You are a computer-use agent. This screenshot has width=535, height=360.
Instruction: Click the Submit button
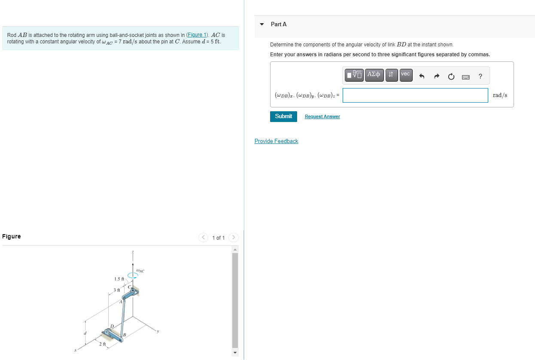[x=283, y=116]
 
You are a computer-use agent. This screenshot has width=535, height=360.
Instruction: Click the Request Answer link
[x=322, y=117]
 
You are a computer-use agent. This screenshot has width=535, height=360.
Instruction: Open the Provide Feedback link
[x=276, y=141]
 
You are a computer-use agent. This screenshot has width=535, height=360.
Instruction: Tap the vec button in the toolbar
[x=406, y=75]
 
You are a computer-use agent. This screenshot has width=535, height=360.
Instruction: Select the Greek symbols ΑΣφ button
[x=374, y=75]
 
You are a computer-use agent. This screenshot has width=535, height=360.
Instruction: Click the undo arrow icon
[x=422, y=77]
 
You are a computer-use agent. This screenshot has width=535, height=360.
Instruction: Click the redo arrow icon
[x=437, y=77]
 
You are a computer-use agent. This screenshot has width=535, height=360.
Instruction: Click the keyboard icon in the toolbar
[x=466, y=77]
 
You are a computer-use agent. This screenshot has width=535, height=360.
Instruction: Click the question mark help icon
[x=480, y=76]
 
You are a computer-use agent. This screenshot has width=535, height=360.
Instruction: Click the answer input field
[x=415, y=95]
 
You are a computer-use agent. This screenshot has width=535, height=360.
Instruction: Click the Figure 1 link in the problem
[x=198, y=35]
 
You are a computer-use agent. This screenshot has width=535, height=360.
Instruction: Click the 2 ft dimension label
[x=103, y=344]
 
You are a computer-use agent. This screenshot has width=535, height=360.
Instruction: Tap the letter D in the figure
[x=112, y=326]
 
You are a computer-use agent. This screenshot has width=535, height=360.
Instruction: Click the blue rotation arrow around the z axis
[x=133, y=278]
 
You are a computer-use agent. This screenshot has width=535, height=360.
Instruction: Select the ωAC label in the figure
[x=140, y=271]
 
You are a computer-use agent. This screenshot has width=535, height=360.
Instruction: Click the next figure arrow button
[x=233, y=238]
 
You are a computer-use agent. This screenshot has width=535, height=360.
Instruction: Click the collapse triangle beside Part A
[x=262, y=24]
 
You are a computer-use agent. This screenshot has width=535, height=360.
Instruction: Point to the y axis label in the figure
[x=158, y=331]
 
